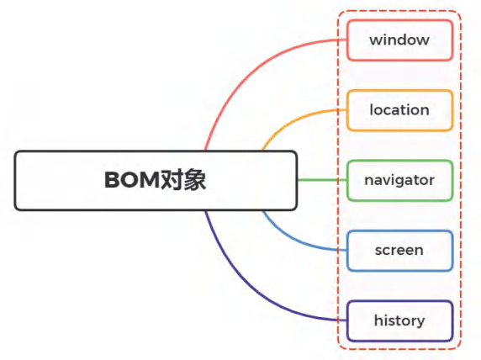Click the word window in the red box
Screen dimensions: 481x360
click(x=399, y=40)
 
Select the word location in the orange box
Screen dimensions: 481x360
click(x=399, y=110)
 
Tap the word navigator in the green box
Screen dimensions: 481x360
click(x=399, y=180)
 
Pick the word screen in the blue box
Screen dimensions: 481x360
click(x=399, y=250)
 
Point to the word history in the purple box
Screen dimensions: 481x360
click(x=399, y=320)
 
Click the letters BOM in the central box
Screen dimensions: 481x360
click(x=132, y=180)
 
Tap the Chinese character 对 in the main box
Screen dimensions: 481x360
click(x=172, y=180)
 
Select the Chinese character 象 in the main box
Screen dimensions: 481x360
click(x=194, y=180)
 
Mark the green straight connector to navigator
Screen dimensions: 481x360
click(x=322, y=180)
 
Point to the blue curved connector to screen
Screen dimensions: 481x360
click(x=292, y=241)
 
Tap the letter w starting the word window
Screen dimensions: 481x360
click(x=375, y=40)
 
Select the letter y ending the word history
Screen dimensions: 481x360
click(x=420, y=322)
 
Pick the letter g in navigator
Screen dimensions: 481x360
click(x=400, y=182)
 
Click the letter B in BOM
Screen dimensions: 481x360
click(x=113, y=180)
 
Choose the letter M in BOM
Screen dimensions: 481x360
click(x=150, y=180)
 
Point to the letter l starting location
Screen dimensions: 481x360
click(x=371, y=110)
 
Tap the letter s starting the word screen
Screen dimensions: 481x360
click(x=378, y=251)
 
